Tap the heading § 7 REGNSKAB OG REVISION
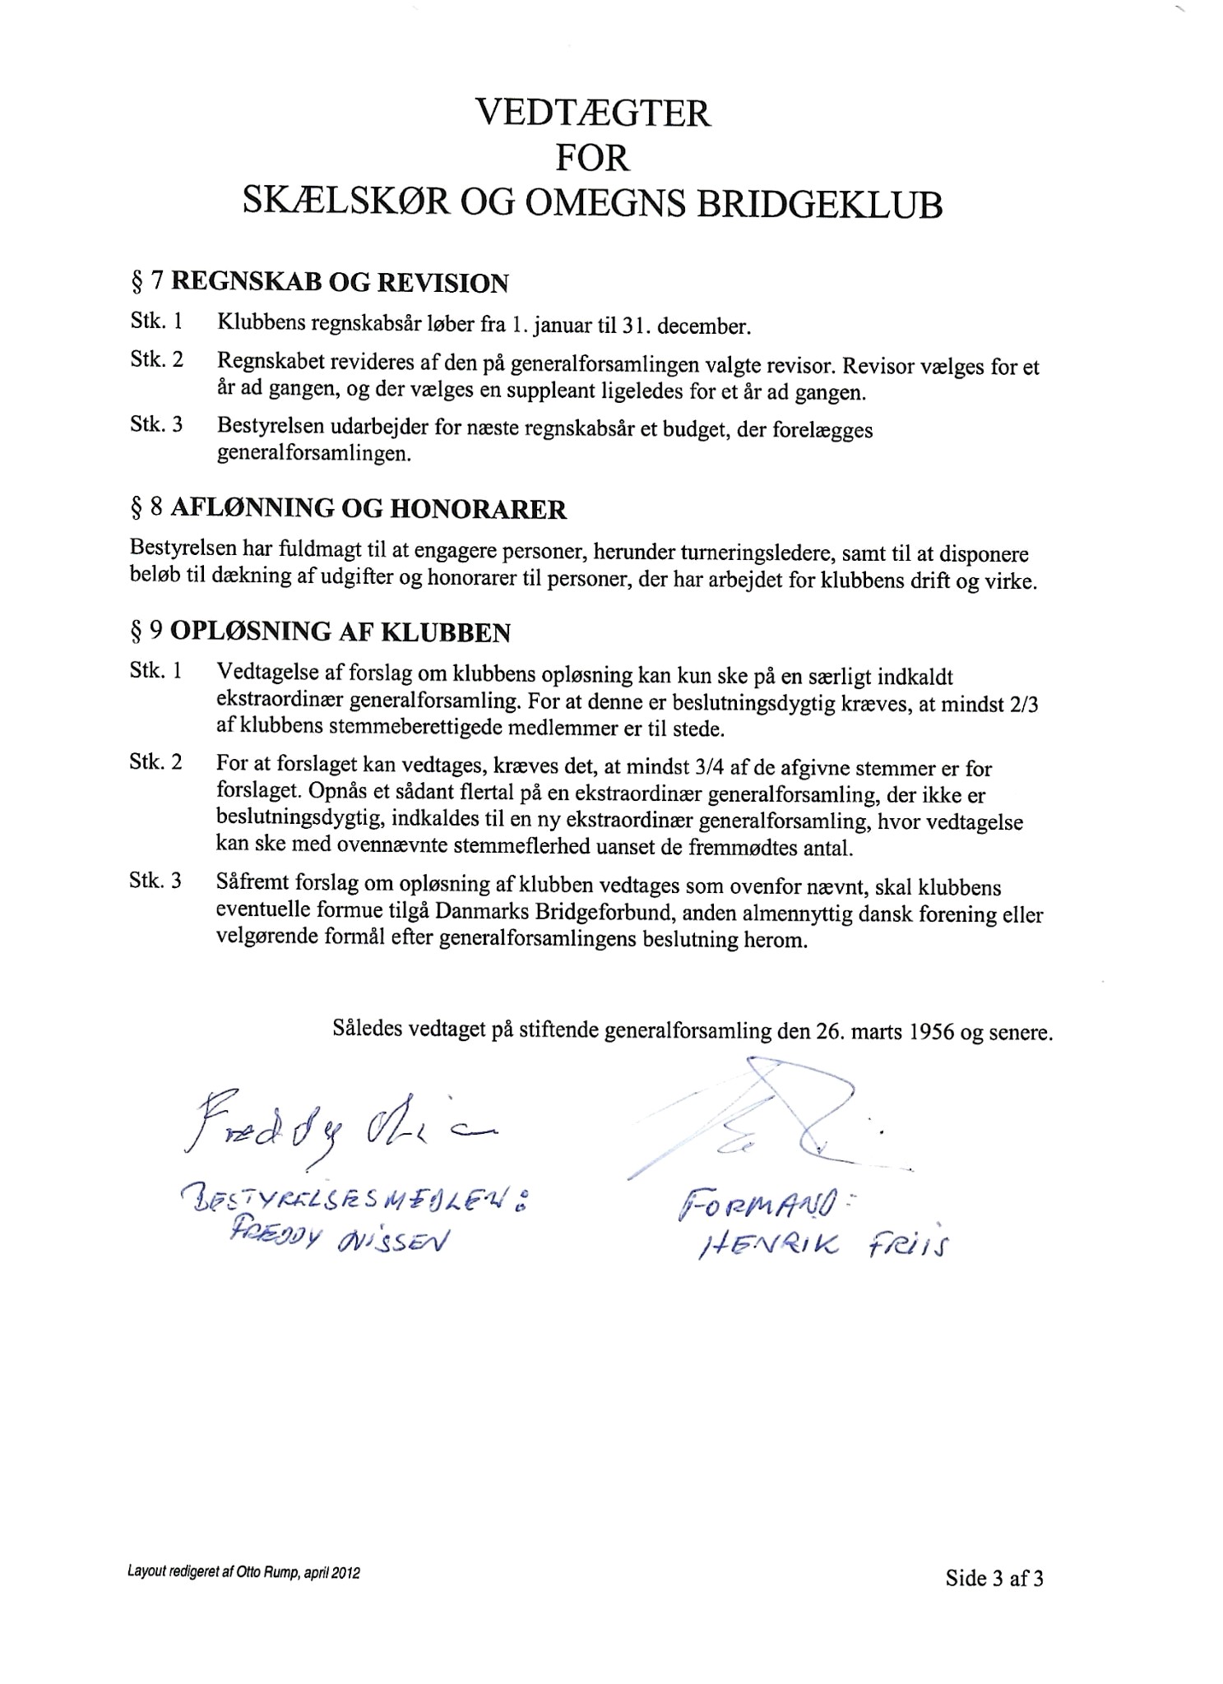319,283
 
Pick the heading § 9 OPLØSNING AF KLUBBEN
320,632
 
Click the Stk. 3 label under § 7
155,425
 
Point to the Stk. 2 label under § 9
155,761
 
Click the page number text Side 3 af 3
994,1578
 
